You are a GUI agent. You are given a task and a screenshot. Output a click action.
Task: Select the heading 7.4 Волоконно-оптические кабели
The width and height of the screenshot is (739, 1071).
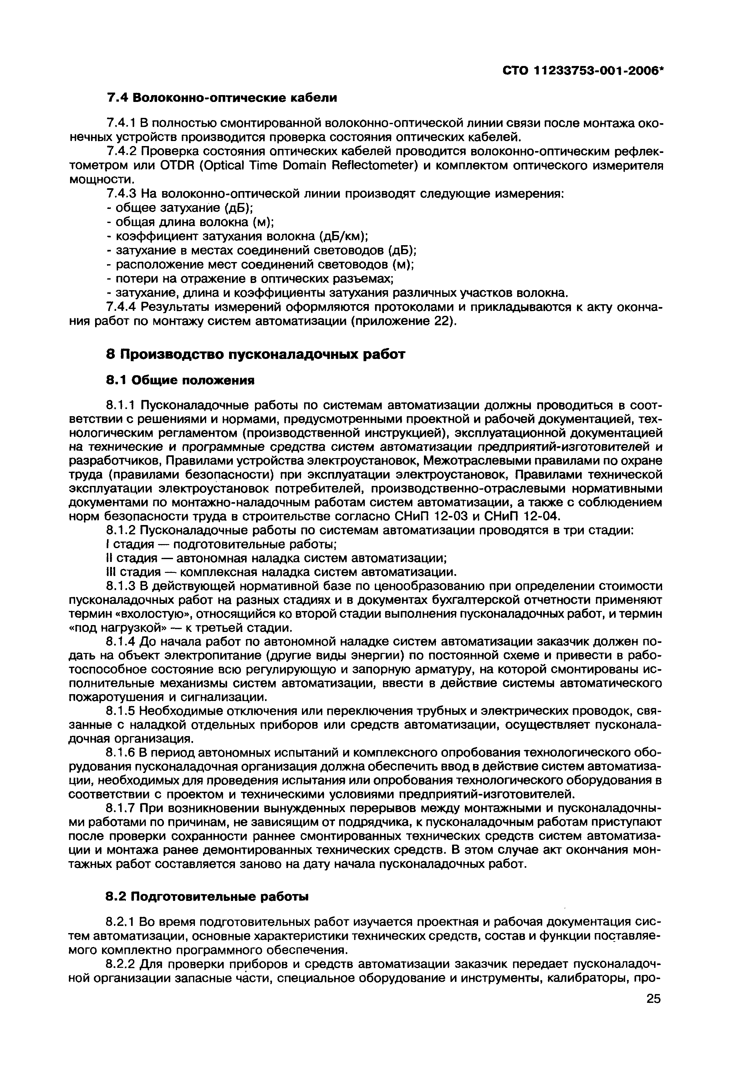point(222,98)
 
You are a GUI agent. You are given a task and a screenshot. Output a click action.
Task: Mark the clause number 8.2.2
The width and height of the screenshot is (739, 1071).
point(120,964)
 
